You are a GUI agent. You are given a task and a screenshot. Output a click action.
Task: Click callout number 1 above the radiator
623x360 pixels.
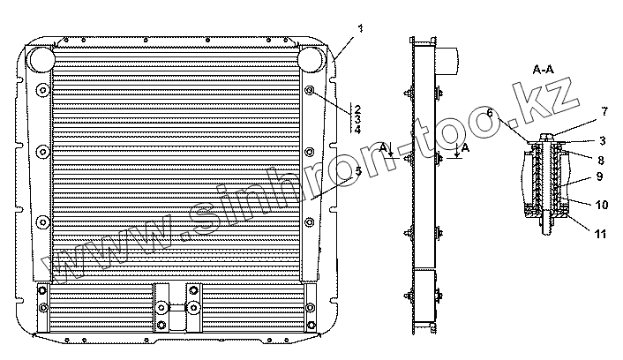360,28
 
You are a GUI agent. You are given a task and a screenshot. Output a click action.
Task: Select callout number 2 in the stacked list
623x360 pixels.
357,109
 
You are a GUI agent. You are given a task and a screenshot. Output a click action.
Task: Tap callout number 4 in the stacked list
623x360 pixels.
357,130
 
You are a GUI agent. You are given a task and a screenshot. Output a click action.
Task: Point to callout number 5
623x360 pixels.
358,171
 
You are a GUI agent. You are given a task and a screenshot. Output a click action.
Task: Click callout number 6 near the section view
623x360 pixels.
490,113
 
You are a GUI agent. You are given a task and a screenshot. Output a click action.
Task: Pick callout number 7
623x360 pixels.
604,112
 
